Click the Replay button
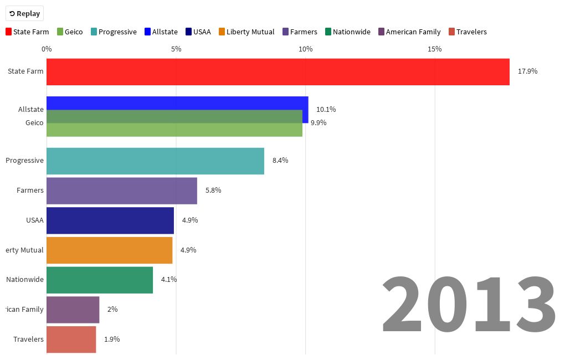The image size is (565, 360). (x=24, y=13)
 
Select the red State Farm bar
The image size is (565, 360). (x=278, y=72)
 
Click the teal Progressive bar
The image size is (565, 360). (x=155, y=161)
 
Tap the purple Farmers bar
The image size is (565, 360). (x=122, y=191)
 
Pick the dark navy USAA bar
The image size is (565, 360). (x=110, y=220)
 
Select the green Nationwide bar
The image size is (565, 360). (x=100, y=280)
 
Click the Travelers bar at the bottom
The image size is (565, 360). (x=71, y=340)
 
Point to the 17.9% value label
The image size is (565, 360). (x=527, y=71)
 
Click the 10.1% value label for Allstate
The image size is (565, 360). (x=326, y=110)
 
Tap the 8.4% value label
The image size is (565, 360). (x=280, y=161)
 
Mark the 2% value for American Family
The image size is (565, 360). (x=112, y=310)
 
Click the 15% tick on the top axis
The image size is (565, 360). (x=435, y=49)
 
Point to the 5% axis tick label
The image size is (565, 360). (x=176, y=49)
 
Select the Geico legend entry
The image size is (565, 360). (x=70, y=32)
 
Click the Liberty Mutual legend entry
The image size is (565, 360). (x=246, y=32)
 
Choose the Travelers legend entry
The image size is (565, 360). (x=468, y=32)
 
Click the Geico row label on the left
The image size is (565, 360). (x=34, y=123)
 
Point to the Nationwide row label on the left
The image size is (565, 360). (x=25, y=280)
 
